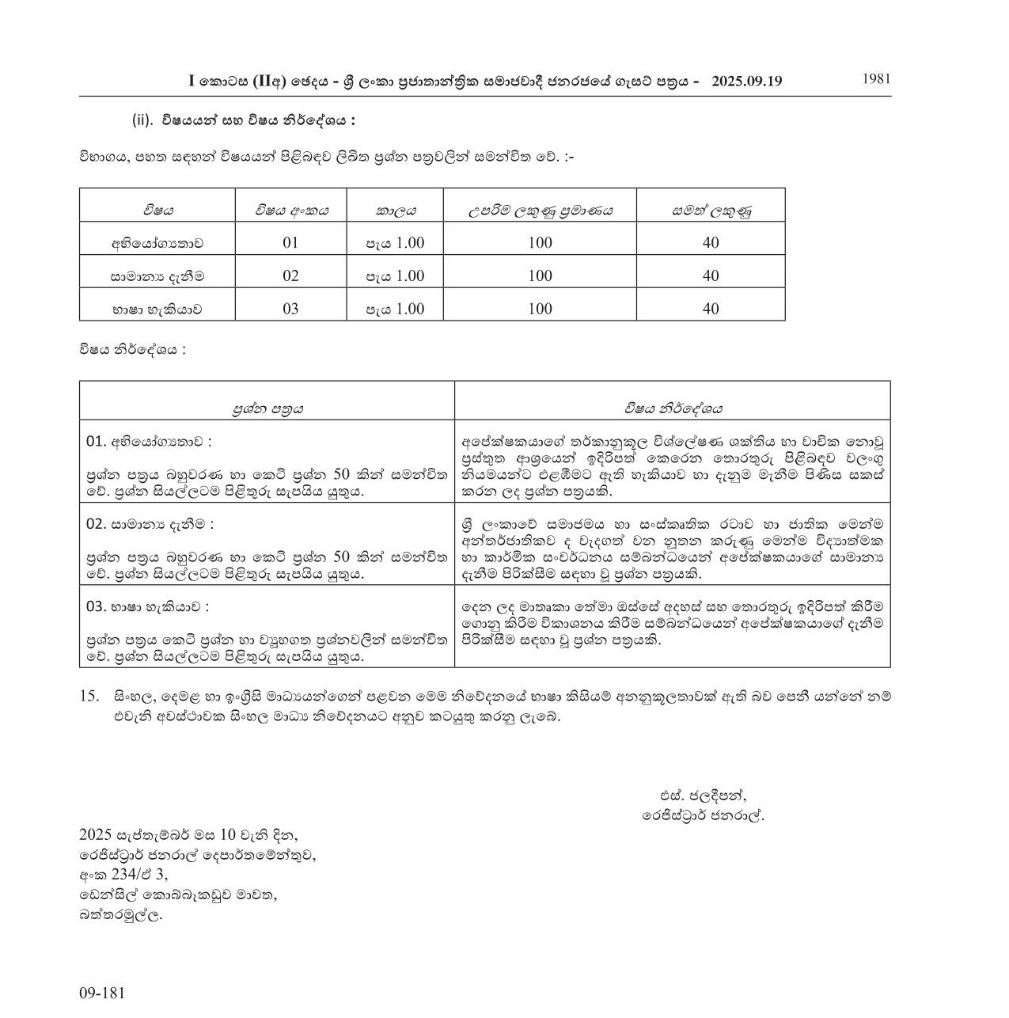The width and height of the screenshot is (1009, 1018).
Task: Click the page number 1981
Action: point(876,78)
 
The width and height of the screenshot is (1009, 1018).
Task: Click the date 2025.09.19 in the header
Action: point(747,81)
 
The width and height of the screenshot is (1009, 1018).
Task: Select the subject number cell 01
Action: point(290,242)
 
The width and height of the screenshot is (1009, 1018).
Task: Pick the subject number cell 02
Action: point(290,275)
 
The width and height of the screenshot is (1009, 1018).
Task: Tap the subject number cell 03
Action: point(290,309)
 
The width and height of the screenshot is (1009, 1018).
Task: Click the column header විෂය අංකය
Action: point(290,210)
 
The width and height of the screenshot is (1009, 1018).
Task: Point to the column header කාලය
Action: point(395,210)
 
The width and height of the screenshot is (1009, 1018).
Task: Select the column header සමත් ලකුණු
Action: point(711,210)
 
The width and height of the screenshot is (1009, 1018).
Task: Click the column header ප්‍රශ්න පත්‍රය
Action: point(267,408)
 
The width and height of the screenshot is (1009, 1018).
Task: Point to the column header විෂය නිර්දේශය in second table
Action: point(672,408)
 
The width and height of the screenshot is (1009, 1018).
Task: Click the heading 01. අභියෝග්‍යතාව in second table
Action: point(149,441)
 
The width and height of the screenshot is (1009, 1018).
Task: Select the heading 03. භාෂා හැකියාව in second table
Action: point(147,606)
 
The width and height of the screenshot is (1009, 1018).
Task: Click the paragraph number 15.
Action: point(89,696)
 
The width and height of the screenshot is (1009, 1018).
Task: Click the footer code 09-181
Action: point(102,993)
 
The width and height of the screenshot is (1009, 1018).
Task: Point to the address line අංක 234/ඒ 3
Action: point(123,875)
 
